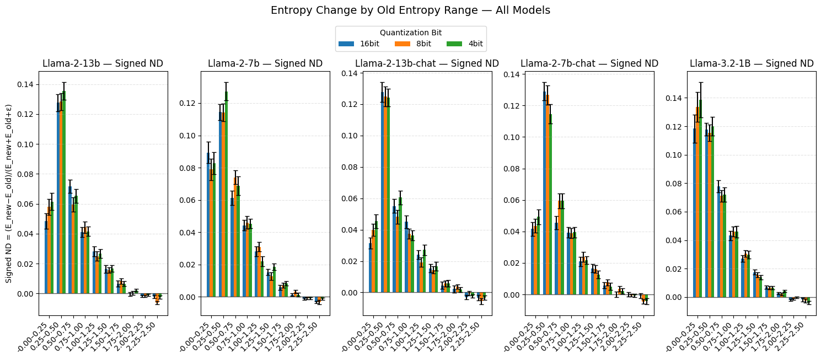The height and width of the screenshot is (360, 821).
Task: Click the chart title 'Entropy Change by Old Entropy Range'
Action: click(410, 10)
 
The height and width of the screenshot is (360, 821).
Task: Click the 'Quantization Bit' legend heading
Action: click(411, 33)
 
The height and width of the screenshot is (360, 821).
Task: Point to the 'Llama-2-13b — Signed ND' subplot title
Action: click(103, 63)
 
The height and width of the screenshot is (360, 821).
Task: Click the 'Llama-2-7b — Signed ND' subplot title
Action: click(265, 63)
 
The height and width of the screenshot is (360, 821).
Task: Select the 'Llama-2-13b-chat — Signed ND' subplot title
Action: click(427, 63)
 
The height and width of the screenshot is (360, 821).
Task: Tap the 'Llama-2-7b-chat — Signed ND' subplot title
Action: click(589, 63)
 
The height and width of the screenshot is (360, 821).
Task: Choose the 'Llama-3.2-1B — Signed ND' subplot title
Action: click(751, 63)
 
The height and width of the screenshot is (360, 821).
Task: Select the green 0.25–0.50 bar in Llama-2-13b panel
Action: click(64, 193)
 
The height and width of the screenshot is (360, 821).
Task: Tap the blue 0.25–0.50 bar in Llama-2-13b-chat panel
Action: click(382, 193)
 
